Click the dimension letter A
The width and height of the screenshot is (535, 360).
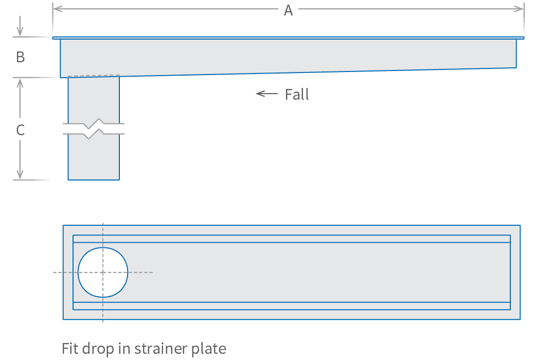(288, 10)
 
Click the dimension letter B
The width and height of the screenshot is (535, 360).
(21, 57)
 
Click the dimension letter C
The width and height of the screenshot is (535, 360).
(21, 131)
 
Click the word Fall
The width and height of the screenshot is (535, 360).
(297, 95)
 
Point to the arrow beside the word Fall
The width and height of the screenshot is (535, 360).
(266, 94)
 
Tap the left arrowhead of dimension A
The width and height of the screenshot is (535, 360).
(56, 9)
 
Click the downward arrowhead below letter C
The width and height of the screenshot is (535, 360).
(20, 175)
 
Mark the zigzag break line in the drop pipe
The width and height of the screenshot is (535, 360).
(94, 129)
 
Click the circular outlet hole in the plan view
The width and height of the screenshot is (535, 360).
(103, 273)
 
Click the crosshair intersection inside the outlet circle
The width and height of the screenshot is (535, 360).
(103, 272)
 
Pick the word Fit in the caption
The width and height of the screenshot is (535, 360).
(71, 349)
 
